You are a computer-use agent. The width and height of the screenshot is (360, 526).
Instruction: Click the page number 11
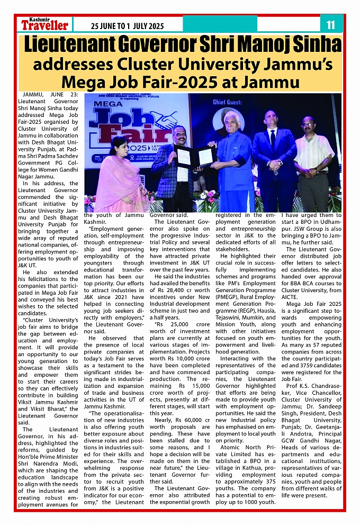[x=330, y=24]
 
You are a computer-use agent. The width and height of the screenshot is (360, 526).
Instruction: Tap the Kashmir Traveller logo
[x=44, y=24]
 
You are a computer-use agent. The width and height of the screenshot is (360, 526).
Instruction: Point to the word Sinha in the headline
[x=313, y=44]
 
